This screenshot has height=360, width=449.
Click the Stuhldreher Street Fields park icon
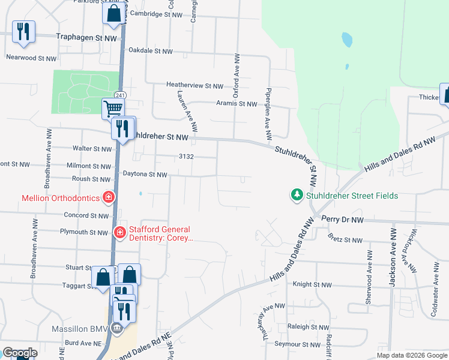pos(297,195)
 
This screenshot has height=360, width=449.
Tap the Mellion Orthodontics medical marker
pos(109,197)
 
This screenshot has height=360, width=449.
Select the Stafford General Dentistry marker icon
pos(120,233)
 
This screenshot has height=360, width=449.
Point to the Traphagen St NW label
pos(86,37)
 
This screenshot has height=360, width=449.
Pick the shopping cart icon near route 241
pos(113,109)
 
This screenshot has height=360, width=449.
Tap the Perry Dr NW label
pos(342,220)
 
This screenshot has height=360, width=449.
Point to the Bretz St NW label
pos(345,240)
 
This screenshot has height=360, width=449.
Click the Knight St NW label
pos(312,285)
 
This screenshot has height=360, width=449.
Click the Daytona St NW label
pos(145,175)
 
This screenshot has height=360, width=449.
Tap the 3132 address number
pos(186,157)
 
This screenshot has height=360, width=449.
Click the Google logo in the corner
pos(20,353)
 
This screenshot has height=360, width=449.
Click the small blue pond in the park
pos(346,40)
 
